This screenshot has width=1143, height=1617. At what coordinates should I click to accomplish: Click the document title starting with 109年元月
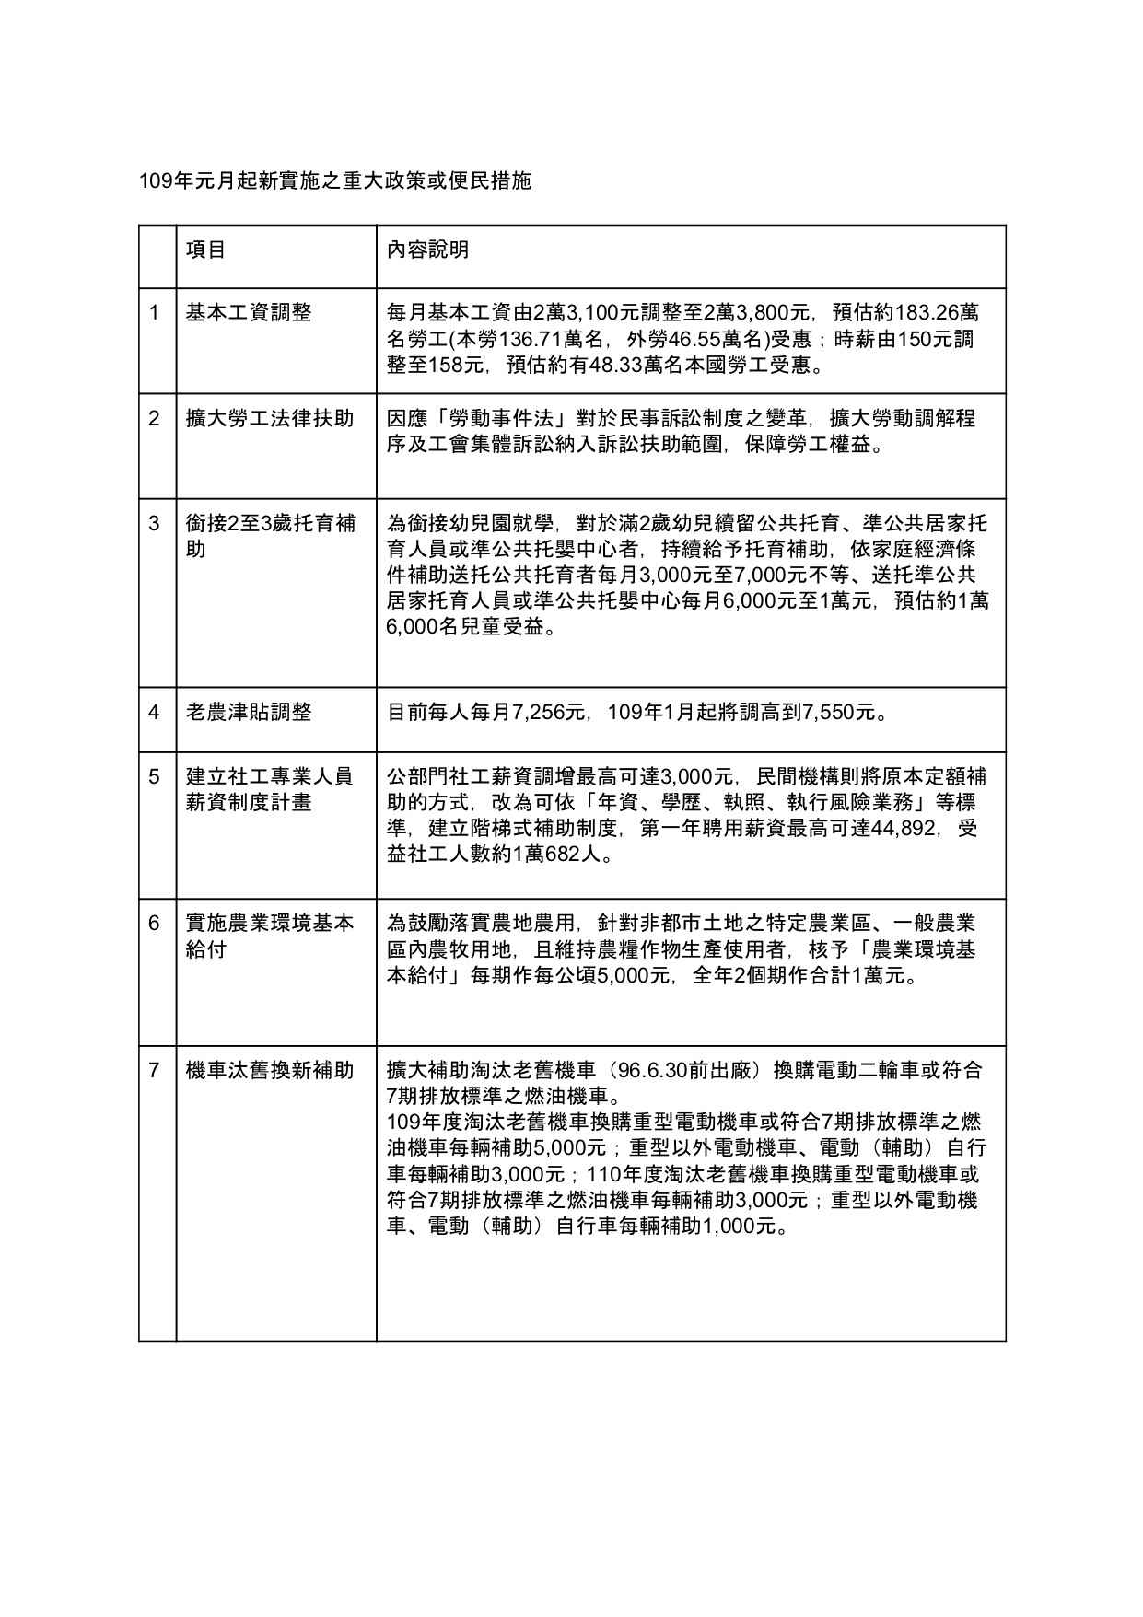coord(334,180)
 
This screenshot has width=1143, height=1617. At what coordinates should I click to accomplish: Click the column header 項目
coord(205,250)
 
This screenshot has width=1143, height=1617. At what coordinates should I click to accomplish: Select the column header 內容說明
coord(427,250)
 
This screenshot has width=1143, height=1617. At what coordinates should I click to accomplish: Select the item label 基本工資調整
coord(249,313)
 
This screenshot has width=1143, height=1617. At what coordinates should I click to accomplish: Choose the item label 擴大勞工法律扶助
coord(269,418)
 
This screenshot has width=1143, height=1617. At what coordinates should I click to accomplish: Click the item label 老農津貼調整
coord(249,712)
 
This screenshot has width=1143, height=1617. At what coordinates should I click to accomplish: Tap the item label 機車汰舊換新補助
coord(269,1070)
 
